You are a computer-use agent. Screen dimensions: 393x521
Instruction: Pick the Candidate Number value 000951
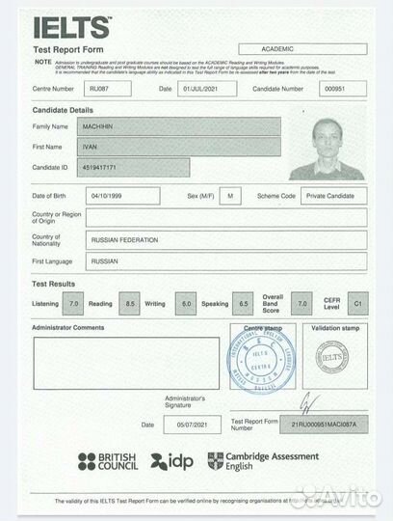point(333,89)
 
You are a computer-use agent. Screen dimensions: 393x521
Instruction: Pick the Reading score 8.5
point(130,304)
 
